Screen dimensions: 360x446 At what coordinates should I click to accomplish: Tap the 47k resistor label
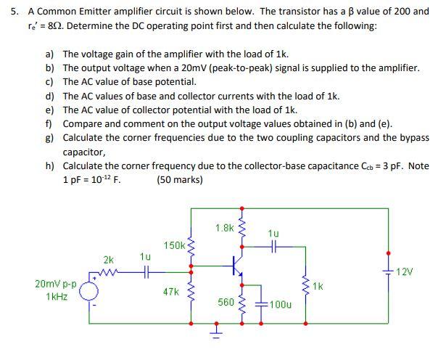(171, 292)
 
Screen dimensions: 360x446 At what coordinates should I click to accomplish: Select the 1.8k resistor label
(224, 228)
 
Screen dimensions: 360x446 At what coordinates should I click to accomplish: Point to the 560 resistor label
(226, 301)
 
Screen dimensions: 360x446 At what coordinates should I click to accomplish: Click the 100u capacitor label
(280, 306)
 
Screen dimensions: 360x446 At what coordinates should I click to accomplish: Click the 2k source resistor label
(108, 259)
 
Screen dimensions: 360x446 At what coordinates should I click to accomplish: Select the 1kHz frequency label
(57, 297)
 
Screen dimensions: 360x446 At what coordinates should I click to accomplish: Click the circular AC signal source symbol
(89, 290)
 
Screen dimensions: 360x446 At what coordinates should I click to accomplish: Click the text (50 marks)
(180, 179)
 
